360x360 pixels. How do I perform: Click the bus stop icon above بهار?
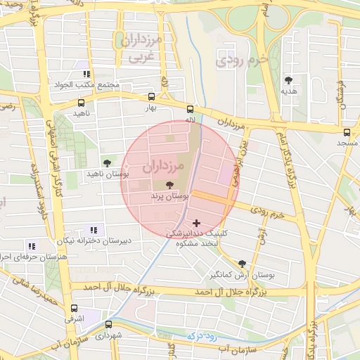point(152,97)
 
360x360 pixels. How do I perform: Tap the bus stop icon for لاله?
point(190,109)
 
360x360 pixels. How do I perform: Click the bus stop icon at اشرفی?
point(75,308)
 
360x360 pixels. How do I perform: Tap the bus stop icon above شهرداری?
point(108,324)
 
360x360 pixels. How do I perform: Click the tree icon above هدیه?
point(289,80)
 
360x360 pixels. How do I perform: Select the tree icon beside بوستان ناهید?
point(107,162)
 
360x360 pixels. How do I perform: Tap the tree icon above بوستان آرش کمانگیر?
point(243,263)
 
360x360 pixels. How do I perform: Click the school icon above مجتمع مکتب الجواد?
point(86,74)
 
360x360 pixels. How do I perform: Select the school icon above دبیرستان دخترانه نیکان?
point(94,230)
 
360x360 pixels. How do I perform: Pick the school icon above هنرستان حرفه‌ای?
point(31,246)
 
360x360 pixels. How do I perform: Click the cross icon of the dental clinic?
point(196,223)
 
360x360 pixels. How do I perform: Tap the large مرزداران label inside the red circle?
point(162,167)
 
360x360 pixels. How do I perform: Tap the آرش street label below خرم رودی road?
point(262,236)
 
